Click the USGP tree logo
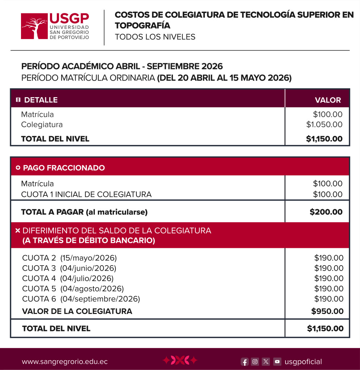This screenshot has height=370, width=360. click(34, 26)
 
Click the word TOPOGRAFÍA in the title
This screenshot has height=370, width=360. click(142, 26)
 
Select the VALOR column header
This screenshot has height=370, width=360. click(327, 100)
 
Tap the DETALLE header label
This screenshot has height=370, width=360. click(41, 100)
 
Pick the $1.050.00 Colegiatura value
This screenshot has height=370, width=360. click(324, 125)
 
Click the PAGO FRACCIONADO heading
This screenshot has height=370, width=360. click(64, 168)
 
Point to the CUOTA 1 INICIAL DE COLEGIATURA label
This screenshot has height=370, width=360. click(86, 194)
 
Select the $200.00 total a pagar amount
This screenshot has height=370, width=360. click(326, 212)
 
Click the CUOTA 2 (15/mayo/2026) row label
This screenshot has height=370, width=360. click(69, 258)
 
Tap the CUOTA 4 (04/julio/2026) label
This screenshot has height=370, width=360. click(68, 278)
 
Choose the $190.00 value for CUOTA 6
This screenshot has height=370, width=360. click(329, 299)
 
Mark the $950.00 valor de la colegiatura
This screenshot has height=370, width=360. click(327, 311)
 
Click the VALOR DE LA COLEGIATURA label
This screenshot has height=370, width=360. click(77, 311)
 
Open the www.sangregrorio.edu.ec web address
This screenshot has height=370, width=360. click(65, 362)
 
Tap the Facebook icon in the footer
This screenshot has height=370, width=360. click(245, 362)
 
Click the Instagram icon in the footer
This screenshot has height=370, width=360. click(255, 362)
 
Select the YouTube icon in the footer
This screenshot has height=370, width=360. click(277, 362)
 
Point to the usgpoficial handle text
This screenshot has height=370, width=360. click(303, 362)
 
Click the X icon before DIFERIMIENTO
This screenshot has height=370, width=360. click(18, 231)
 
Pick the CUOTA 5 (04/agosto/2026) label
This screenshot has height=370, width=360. click(73, 289)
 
